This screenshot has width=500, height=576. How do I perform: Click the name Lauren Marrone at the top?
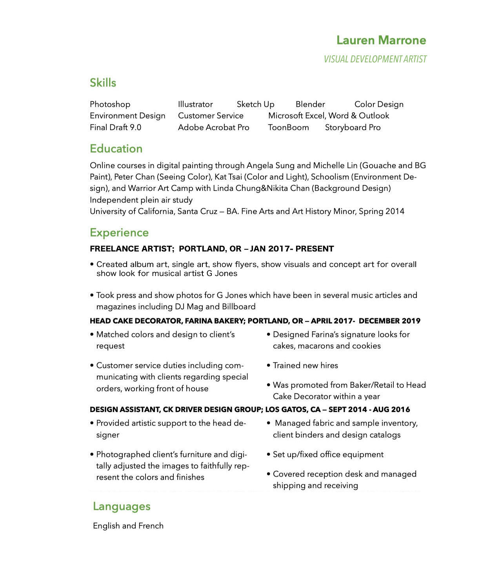381,40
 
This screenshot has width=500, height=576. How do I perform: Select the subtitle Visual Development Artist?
375,59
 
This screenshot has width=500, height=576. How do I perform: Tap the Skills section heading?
103,83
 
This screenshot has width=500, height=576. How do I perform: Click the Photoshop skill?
110,104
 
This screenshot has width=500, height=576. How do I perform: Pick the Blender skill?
310,104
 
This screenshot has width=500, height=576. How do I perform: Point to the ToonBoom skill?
288,127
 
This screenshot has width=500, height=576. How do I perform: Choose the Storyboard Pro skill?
353,127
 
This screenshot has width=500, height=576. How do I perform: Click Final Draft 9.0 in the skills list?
115,127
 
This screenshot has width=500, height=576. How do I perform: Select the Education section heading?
116,149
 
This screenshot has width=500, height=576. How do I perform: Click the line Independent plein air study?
141,200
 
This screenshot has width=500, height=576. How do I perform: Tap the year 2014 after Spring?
395,211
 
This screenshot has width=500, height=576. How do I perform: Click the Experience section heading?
119,233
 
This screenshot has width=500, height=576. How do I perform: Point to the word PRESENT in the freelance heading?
315,249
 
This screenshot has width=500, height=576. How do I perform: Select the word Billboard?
239,307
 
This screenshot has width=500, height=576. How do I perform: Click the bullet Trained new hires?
305,365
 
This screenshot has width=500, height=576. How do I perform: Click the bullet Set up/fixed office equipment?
328,454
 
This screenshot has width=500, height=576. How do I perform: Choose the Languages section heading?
122,506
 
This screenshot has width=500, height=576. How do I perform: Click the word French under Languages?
151,526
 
